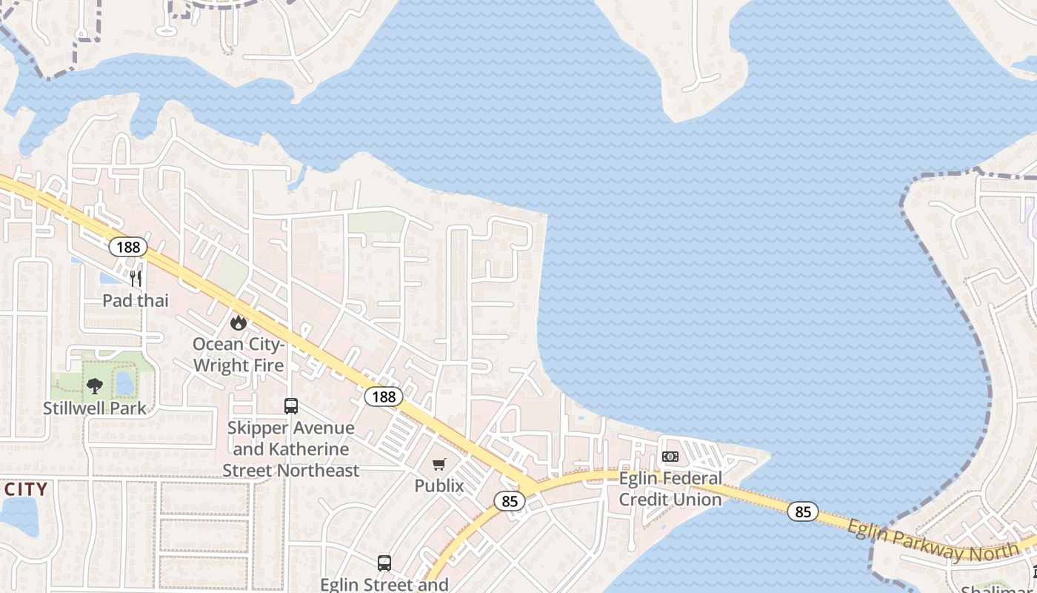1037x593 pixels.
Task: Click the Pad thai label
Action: tap(136, 300)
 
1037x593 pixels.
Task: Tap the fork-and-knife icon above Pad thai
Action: tap(136, 279)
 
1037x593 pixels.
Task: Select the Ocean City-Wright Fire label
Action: tap(238, 354)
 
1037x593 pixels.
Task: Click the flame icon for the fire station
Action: tap(238, 322)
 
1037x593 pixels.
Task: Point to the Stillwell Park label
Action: tap(95, 408)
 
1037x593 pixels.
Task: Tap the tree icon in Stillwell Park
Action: tap(95, 385)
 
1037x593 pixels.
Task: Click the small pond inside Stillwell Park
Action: tap(125, 383)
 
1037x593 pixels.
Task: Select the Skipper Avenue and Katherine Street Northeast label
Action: tap(290, 449)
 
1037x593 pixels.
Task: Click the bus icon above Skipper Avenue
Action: tap(291, 406)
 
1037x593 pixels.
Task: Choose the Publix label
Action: tap(439, 486)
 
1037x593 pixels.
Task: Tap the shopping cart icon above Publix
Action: tap(439, 465)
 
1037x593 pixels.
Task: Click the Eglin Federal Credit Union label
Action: tap(670, 488)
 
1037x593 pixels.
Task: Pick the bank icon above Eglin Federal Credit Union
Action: tap(670, 457)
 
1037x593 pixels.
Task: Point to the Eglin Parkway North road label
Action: tap(932, 540)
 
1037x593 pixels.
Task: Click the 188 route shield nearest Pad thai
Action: tap(128, 247)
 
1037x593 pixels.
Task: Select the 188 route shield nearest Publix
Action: tap(384, 397)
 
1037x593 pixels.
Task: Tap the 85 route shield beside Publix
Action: tap(510, 502)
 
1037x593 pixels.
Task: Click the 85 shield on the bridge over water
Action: tap(803, 511)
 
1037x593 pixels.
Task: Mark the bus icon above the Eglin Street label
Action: tap(384, 563)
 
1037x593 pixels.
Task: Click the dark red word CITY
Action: tap(25, 489)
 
